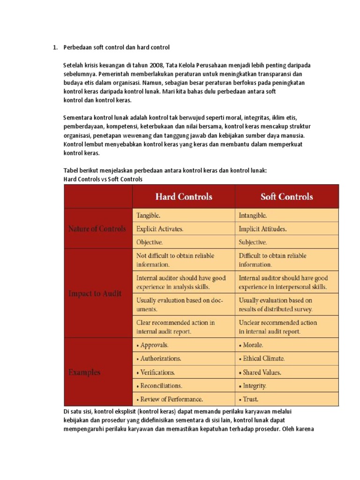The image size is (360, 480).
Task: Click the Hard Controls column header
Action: [184, 196]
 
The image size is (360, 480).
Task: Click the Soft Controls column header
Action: [286, 196]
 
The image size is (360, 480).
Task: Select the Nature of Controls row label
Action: [97, 229]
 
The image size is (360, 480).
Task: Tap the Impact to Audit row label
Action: [95, 293]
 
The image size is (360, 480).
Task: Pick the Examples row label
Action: [84, 372]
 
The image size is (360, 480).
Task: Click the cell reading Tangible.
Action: [148, 216]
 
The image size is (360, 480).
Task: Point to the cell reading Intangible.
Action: [253, 216]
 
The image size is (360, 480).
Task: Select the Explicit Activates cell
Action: [160, 229]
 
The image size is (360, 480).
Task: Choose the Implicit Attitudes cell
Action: [262, 229]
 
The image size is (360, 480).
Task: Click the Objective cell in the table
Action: [150, 242]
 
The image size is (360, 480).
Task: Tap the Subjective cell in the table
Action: [253, 242]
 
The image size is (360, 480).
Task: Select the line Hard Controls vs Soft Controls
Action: [103, 179]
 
